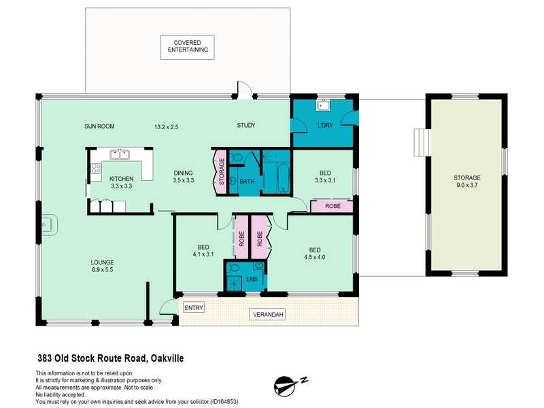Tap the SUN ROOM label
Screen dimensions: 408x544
click(x=99, y=126)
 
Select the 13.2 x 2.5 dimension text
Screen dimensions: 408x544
click(x=166, y=126)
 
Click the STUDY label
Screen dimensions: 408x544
click(x=245, y=126)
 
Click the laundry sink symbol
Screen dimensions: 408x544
click(x=322, y=105)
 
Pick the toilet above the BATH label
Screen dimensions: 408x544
click(x=237, y=158)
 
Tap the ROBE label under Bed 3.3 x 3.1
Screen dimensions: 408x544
click(x=333, y=205)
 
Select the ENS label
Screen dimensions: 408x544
click(x=251, y=279)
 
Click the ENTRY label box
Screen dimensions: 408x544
click(x=194, y=308)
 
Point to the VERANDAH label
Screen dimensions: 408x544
click(x=269, y=315)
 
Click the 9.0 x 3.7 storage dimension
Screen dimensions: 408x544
click(x=467, y=186)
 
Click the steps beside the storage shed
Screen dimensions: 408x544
click(x=420, y=143)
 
